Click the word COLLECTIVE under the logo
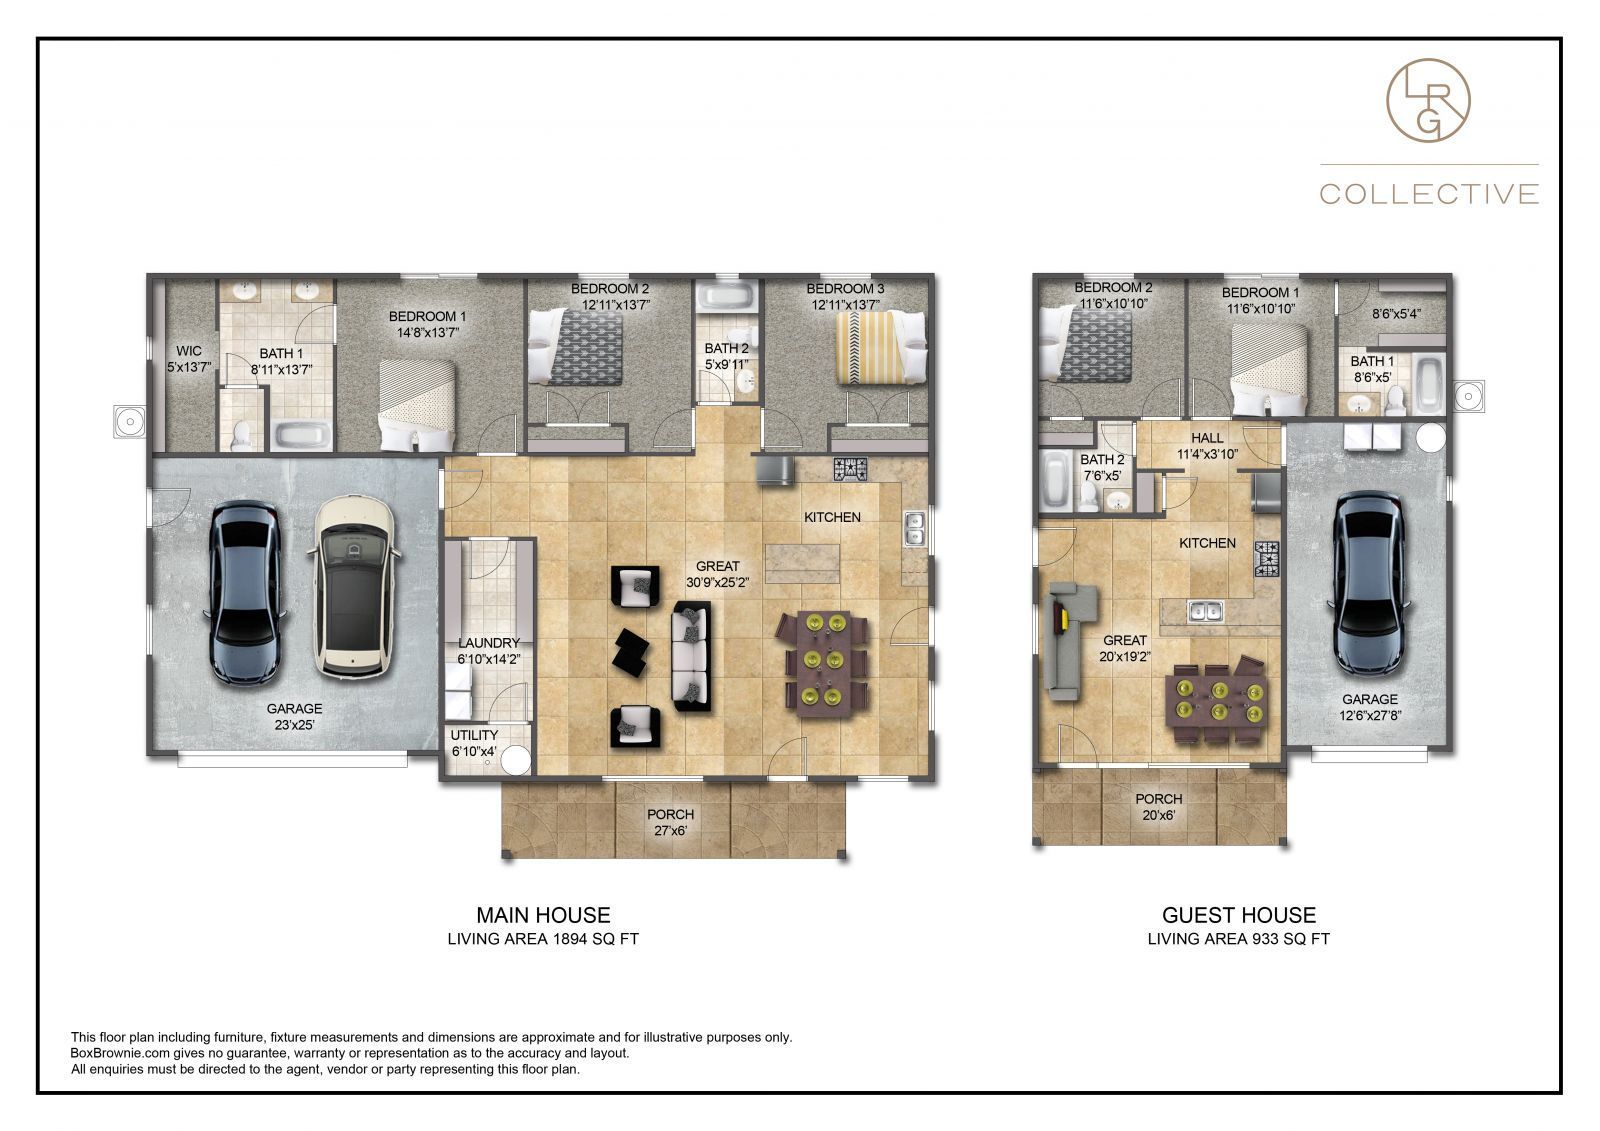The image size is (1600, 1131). point(1429,193)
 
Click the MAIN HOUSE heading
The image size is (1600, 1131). point(543,914)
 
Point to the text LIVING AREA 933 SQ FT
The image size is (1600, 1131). point(1238,939)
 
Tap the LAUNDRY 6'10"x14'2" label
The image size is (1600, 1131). point(488,650)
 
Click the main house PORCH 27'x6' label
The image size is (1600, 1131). point(670,821)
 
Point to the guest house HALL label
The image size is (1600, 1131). point(1207,445)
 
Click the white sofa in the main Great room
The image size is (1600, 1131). point(691,656)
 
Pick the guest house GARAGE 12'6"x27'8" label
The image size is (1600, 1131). point(1369,706)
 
